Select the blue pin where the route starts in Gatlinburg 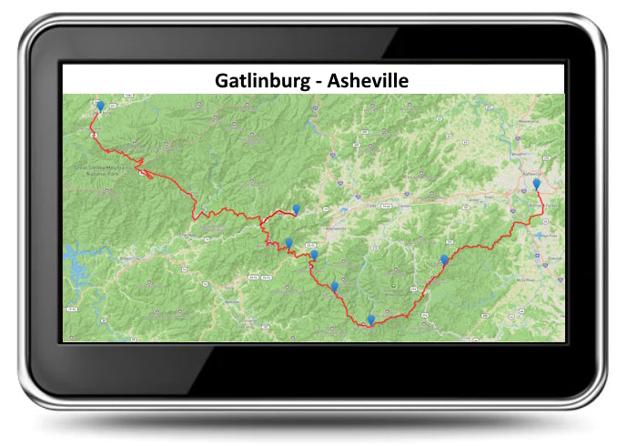click(100, 106)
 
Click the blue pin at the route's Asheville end click(537, 185)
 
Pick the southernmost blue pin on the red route click(370, 319)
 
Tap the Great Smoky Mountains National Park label click(99, 169)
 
